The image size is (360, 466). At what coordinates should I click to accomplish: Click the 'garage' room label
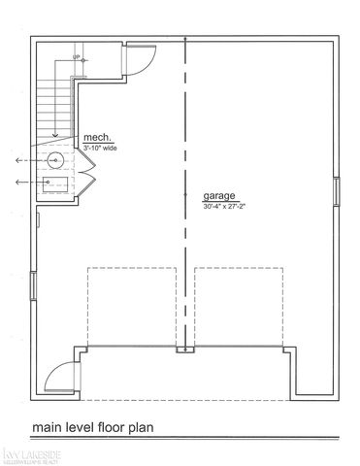coord(220,195)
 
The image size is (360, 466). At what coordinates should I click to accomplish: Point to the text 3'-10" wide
coord(102,148)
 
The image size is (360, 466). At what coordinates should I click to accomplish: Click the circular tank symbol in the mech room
coord(56,160)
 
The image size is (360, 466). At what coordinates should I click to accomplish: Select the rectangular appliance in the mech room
coord(56,181)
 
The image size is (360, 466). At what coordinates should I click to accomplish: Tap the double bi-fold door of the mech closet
coord(87,180)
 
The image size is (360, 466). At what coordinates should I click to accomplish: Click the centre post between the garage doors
coord(181,350)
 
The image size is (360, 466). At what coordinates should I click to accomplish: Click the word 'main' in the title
coord(50,426)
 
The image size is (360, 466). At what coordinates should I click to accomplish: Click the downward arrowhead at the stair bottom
coord(56,137)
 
